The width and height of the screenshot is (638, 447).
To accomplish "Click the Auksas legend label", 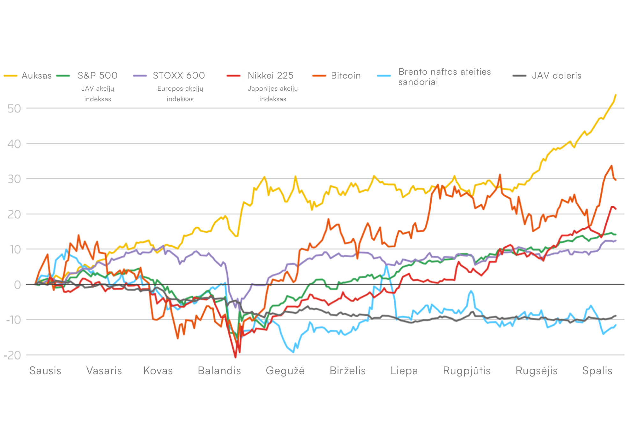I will point(36,76).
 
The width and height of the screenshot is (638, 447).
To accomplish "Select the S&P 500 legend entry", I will point(97,76).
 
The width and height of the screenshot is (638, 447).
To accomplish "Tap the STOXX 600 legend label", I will point(179,76).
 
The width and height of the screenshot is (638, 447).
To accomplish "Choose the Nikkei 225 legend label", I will point(270,76).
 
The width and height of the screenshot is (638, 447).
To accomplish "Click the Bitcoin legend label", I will point(346,76).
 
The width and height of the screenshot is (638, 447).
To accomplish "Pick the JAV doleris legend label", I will point(556,76).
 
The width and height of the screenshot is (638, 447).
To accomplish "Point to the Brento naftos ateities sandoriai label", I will point(444,77).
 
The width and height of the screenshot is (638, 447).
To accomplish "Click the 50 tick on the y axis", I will point(14,109).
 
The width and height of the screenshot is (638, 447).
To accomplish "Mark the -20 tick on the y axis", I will point(12,355).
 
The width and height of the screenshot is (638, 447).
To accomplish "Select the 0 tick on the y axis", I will point(18,285).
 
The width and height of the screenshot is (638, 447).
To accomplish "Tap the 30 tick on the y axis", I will point(14,179).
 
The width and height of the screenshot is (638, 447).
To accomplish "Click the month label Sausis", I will point(45,371).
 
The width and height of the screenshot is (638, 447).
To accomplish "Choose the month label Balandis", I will point(219,371).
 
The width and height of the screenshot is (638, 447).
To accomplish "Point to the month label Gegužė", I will point(285,371).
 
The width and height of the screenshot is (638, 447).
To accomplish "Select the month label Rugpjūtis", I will point(467,371).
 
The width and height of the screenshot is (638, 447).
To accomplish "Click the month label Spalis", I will point(597,371).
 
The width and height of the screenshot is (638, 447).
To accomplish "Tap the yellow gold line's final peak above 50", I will point(616,95).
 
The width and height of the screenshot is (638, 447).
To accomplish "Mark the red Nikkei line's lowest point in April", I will point(235,357).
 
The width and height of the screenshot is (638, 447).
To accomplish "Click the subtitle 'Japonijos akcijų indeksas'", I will point(273,94).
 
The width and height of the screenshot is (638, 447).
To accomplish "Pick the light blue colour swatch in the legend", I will point(384,76).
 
